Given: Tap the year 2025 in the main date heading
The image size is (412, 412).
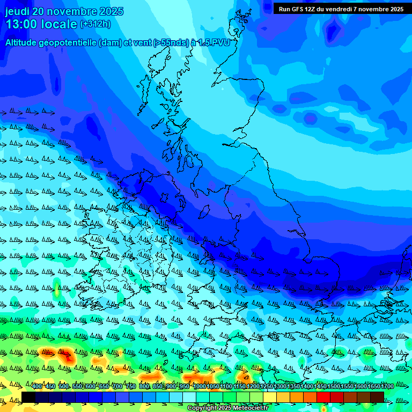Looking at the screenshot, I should [110, 11].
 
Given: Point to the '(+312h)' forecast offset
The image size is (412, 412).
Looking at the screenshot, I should [95, 24].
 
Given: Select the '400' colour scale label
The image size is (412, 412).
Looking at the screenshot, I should [36, 386].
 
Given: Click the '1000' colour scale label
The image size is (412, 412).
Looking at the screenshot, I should [199, 386].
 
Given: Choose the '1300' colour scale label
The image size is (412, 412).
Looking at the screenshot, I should [279, 386].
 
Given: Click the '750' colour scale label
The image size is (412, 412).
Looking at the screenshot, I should [130, 386].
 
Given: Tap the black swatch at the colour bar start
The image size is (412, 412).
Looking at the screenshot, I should [28, 397].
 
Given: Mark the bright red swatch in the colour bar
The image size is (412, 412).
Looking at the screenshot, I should [323, 397].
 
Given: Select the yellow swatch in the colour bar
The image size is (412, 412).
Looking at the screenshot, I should [270, 397].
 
